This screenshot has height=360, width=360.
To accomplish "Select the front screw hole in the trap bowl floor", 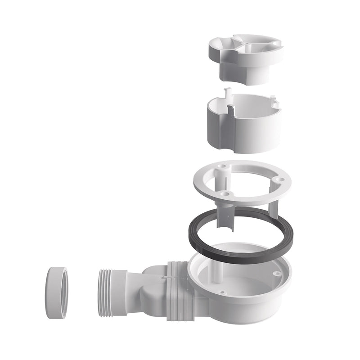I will click(x=222, y=292).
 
